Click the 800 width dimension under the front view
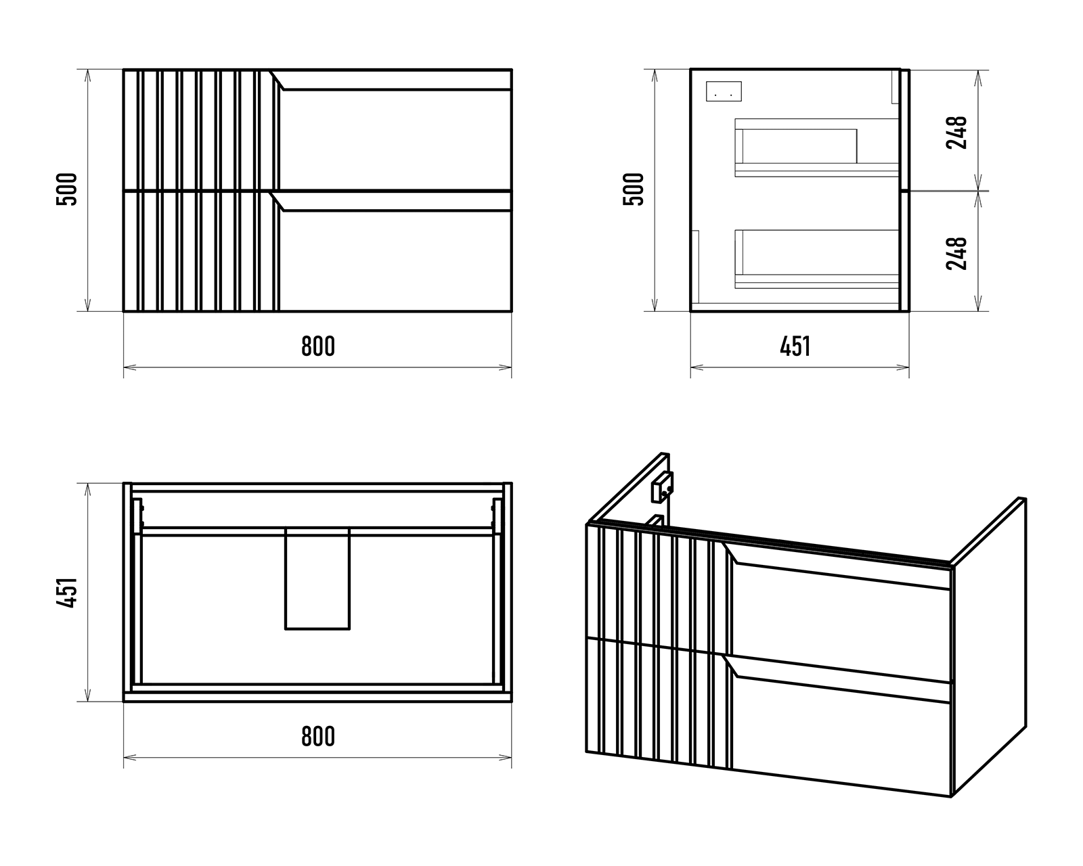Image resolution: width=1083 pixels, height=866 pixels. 317,346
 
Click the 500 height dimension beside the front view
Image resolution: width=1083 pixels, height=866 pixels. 68,189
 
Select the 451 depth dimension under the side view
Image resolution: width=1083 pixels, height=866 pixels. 795,346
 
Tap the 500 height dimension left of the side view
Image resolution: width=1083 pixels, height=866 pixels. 634,189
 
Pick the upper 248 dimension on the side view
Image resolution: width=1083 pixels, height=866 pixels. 957,132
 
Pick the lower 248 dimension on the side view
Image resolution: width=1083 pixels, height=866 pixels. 957,253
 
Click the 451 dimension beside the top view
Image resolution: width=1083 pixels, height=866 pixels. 68,593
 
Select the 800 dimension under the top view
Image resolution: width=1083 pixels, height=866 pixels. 317,736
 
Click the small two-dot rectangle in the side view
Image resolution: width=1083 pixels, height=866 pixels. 724,91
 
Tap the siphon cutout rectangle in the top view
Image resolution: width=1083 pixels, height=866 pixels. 317,578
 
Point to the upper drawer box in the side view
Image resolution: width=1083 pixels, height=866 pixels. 816,147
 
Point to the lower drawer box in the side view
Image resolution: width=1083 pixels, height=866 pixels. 816,259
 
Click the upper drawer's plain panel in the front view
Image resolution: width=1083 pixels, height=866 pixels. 396,139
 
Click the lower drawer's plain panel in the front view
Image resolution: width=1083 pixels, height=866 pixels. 396,260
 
